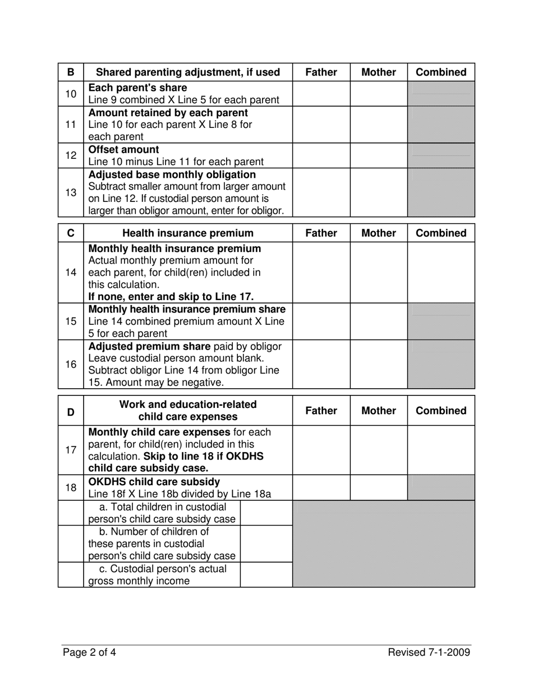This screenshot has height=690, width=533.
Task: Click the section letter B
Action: tap(71, 72)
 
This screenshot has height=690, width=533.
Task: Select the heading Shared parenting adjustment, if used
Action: tap(188, 72)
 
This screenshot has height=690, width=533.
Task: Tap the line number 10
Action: tap(71, 94)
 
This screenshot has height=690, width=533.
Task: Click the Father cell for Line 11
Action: tap(321, 124)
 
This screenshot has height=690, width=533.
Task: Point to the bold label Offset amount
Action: tap(124, 150)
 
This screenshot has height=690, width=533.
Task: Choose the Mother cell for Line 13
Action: tap(379, 193)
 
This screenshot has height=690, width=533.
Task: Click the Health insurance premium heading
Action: tap(188, 233)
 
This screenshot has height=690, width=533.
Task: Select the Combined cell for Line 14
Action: tap(441, 272)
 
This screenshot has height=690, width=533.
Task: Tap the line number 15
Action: tap(71, 321)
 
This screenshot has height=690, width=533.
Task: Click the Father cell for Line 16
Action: tap(321, 364)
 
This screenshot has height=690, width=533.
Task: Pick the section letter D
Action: tap(71, 411)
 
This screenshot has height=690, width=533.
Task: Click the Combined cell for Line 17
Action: tap(441, 450)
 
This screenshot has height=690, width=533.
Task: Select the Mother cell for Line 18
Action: tap(379, 487)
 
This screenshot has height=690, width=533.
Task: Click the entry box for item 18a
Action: tap(266, 513)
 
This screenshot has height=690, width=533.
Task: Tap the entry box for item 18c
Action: tap(266, 575)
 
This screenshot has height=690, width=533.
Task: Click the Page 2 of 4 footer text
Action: tap(90, 652)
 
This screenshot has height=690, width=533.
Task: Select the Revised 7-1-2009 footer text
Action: tap(429, 652)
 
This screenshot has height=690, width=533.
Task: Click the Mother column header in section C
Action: tap(379, 233)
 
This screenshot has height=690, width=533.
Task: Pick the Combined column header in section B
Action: tap(441, 72)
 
